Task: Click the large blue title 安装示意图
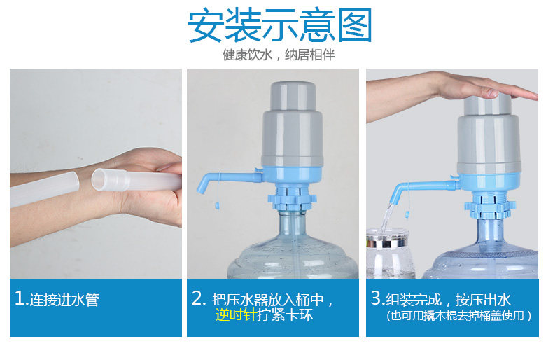tap(280, 26)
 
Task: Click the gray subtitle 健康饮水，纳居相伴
tap(279, 55)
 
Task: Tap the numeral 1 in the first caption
tap(20, 298)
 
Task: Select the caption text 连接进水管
tap(64, 300)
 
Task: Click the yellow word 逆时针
tap(236, 314)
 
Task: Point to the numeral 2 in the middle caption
tap(197, 298)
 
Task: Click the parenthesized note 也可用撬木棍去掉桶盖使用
tap(458, 315)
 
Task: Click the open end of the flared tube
tap(98, 179)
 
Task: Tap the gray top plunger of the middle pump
tap(293, 95)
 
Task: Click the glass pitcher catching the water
tap(390, 254)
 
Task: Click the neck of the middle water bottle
tap(293, 226)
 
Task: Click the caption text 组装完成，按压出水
tap(448, 300)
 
